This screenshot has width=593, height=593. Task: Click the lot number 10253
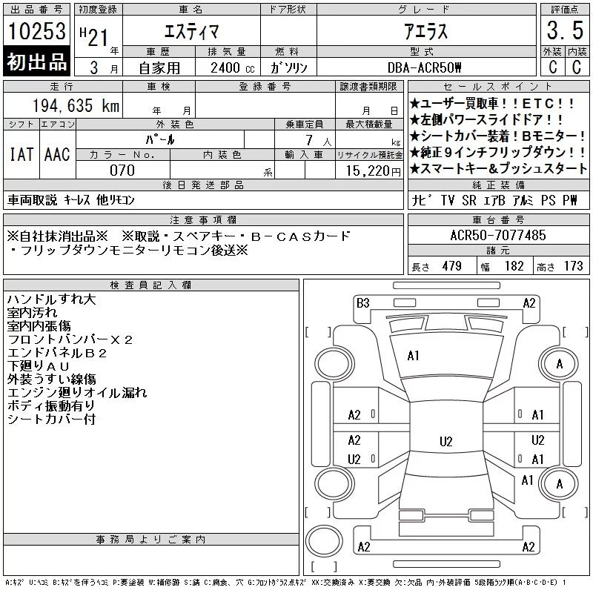click(36, 31)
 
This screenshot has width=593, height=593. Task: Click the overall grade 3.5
click(565, 30)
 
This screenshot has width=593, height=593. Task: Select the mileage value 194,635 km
click(76, 105)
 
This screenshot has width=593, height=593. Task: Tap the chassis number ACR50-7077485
click(498, 235)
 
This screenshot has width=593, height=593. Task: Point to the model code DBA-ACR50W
click(424, 67)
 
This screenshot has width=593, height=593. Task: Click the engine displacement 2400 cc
click(233, 68)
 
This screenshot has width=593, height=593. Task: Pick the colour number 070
click(122, 170)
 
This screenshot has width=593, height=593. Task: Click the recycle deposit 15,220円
click(374, 171)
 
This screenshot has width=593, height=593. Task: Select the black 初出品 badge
click(36, 62)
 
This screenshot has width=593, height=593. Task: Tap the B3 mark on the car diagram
click(362, 303)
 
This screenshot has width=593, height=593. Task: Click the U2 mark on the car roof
click(446, 441)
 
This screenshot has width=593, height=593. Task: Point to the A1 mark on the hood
click(413, 356)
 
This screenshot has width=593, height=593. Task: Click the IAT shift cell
click(21, 154)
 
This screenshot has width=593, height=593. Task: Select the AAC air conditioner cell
click(57, 154)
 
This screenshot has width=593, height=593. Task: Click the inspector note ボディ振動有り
click(50, 405)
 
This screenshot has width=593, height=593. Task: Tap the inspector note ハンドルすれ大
click(51, 299)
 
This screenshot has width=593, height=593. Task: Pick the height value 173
click(573, 266)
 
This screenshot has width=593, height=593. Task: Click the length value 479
click(452, 266)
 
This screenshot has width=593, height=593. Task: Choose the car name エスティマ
click(191, 31)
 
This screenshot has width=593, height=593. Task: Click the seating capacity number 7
click(309, 140)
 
